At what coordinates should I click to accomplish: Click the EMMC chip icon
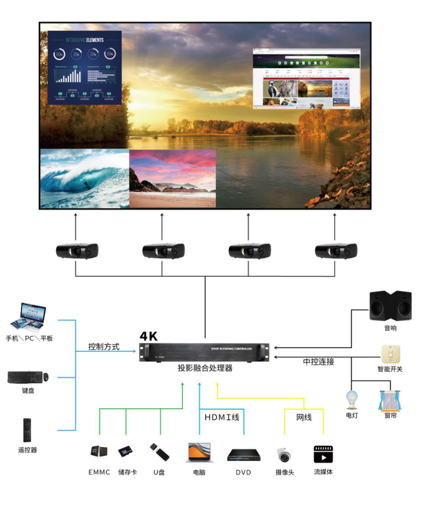coord(99,452)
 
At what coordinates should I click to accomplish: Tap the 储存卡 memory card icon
coord(126,452)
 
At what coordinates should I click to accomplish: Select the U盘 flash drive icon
coord(159,452)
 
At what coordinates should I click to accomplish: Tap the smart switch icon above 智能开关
coord(390,354)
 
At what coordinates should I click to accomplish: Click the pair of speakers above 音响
coord(390,306)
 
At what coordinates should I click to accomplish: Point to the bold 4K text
coord(149,337)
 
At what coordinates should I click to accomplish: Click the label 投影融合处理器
coord(205,368)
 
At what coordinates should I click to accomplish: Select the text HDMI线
coord(222,417)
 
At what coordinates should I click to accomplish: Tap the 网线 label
coord(304,417)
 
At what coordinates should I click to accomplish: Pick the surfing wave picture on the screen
coord(85,178)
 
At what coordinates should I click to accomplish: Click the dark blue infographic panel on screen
coord(85,67)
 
